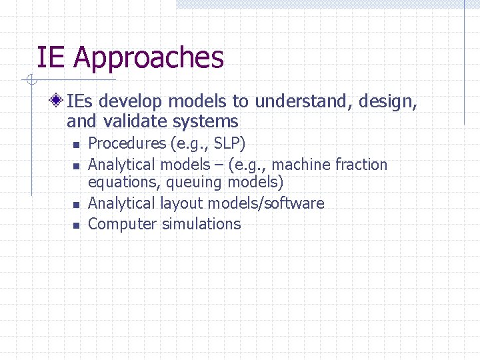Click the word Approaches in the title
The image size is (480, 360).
(149, 59)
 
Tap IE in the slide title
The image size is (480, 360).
(51, 57)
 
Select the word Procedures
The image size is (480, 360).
(127, 143)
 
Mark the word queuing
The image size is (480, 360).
(195, 182)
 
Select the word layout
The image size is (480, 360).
(179, 203)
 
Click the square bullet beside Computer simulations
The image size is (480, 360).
(76, 225)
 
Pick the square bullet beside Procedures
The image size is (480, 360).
(76, 145)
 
